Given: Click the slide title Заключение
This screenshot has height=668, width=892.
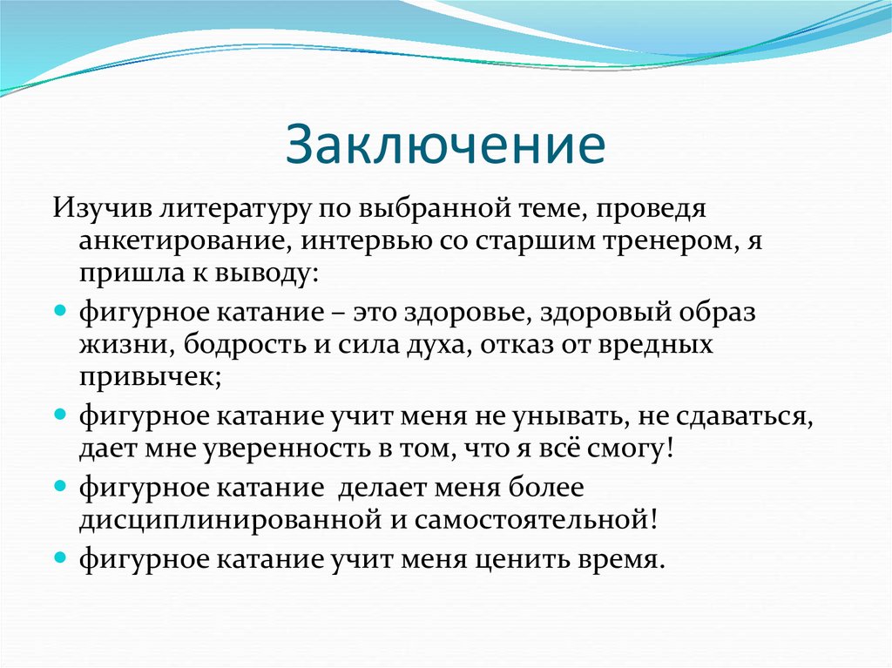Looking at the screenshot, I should (x=445, y=145).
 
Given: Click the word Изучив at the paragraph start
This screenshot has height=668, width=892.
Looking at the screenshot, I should (x=93, y=210).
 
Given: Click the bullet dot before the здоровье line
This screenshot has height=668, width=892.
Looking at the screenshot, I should (x=60, y=310).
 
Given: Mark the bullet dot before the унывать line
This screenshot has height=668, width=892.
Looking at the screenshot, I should (x=60, y=415).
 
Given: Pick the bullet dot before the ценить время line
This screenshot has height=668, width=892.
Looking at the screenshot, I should (x=60, y=554).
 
